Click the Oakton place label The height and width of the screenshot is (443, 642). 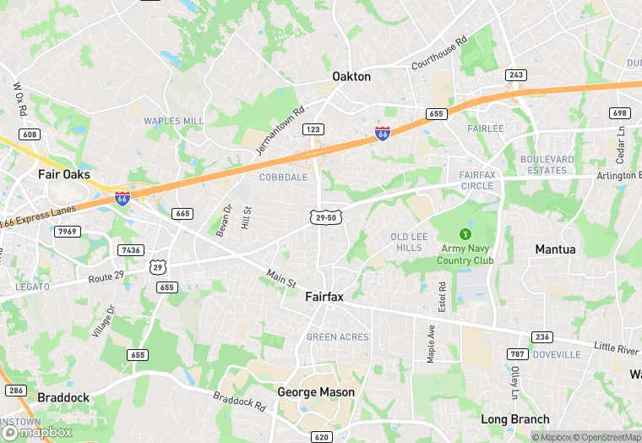pos(351,76)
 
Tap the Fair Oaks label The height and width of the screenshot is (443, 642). pos(64,174)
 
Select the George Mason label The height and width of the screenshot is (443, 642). pos(316,392)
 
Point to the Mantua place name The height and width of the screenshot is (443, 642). pos(555,249)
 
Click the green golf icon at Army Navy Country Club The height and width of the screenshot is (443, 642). pos(464,233)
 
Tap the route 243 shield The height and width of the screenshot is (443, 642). pos(516,75)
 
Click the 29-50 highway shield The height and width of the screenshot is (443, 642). pos(325,217)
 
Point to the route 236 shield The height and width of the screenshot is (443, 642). pos(542,336)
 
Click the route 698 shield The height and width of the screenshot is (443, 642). pos(620,113)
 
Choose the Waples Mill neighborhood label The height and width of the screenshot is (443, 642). pos(174,121)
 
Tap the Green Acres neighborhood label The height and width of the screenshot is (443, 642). pos(337,337)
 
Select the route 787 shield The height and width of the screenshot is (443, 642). pos(518,353)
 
